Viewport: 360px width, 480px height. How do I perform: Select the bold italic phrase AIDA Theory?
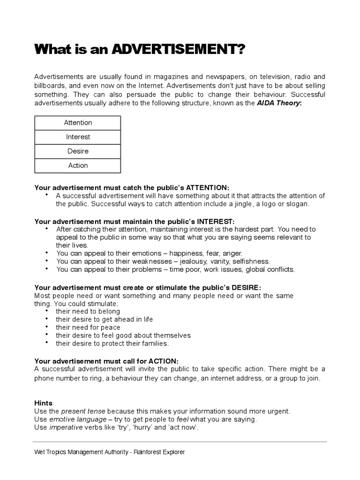278,102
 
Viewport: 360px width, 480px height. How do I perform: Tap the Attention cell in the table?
78,123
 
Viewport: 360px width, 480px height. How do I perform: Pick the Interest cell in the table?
78,137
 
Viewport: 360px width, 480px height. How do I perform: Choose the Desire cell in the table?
78,151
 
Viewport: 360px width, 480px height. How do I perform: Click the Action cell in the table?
78,165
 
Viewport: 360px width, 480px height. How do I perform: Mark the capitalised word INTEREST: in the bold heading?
216,221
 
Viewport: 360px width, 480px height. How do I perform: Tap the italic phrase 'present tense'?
82,411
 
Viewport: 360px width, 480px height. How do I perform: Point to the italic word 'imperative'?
66,427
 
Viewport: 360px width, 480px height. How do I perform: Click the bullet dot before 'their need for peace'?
47,327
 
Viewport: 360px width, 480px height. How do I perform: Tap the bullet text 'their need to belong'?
88,311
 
